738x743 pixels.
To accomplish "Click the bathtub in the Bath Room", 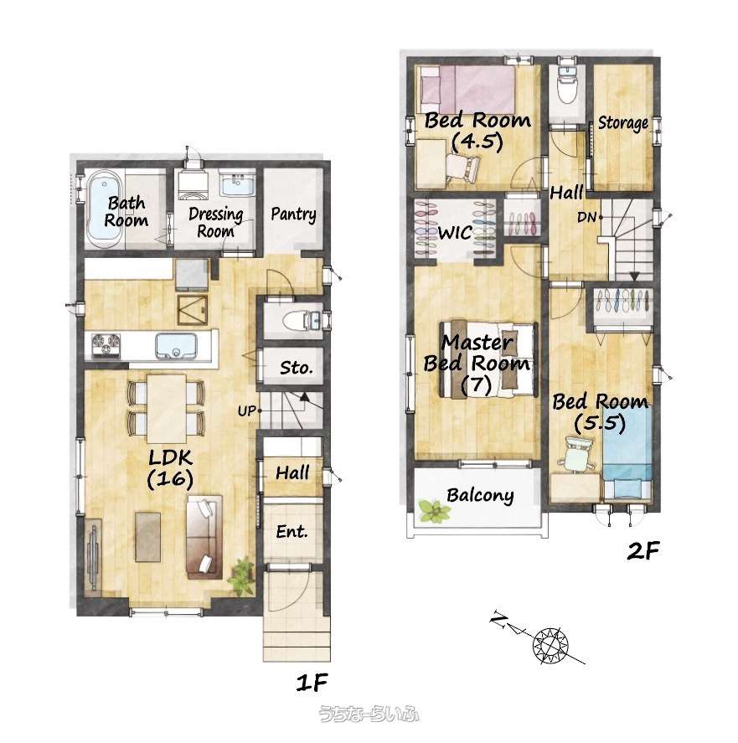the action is pos(103,209).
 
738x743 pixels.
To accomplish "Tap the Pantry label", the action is pos(293,214).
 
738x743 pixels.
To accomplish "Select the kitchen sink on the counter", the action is pos(176,345).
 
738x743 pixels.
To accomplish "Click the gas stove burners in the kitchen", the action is pos(106,344).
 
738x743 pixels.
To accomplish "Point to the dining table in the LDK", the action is pos(166,409).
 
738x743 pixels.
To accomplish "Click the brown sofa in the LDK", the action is pos(204,537).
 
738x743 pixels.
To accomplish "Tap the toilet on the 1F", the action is pos(302,321).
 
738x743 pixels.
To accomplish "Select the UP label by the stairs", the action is pos(246,410).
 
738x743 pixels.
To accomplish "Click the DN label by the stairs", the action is pos(586,218).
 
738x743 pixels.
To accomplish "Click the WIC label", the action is pos(455,233).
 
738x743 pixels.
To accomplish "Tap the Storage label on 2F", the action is pos(622,123).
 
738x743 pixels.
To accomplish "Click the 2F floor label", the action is pos(643,550).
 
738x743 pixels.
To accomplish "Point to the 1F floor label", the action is pos(312,683).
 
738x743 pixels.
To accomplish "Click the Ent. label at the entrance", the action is pos(292,532).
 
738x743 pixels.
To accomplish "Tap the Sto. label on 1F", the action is pos(296,367).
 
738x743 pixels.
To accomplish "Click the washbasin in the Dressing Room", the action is pos(238,185).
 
